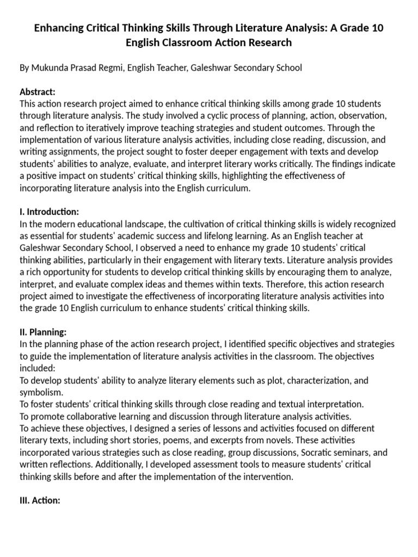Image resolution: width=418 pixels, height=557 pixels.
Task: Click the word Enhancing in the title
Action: [x=61, y=28]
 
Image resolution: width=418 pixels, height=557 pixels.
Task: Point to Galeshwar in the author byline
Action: [x=207, y=67]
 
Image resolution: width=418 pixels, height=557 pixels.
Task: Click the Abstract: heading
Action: [x=38, y=92]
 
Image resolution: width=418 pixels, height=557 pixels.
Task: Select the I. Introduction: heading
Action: [x=50, y=212]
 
